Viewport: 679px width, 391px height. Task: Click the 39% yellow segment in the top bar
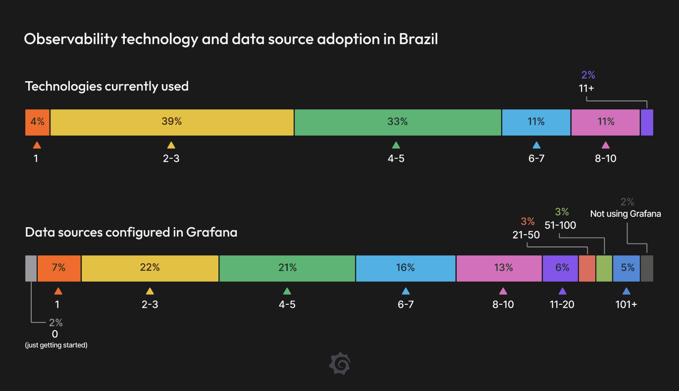coord(172,122)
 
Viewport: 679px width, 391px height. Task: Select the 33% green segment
coord(397,122)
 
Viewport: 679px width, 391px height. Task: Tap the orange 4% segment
coord(38,122)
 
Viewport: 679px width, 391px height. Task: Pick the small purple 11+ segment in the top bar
coord(647,122)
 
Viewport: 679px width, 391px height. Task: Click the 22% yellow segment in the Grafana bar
coord(150,268)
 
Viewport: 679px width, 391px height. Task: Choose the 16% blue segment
coord(405,268)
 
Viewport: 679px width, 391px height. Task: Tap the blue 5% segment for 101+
coord(627,268)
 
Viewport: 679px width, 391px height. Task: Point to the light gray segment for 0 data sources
coord(31,268)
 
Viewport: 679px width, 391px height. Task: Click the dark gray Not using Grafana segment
coord(647,268)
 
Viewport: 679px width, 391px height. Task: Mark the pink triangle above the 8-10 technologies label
coord(605,145)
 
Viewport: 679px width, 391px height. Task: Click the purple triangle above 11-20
coord(562,291)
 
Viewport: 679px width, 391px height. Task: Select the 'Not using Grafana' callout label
coord(626,214)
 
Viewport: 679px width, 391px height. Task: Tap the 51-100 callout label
coord(560,225)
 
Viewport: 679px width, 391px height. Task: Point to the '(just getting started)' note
coord(56,345)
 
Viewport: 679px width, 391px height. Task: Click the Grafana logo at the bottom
coord(340,364)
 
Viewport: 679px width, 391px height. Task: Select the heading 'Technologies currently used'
coord(106,86)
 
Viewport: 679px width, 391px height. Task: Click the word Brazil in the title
coord(418,39)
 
